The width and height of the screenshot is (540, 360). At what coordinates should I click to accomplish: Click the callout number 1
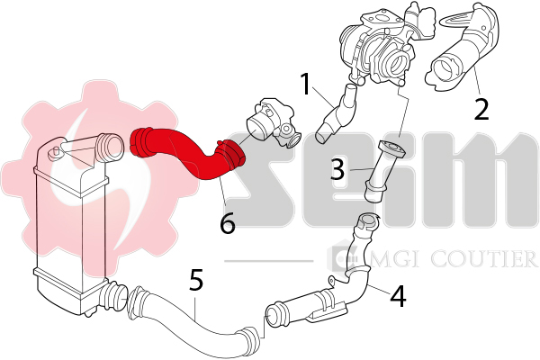pos(306,84)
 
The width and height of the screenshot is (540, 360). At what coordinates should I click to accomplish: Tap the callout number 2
pos(481,109)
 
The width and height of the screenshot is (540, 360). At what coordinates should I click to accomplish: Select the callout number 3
pos(337,168)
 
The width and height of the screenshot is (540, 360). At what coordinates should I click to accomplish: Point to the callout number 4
pos(398,296)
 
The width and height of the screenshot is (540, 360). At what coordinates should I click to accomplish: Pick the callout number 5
pos(196,279)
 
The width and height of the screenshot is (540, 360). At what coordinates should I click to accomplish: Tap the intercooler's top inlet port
pos(109,148)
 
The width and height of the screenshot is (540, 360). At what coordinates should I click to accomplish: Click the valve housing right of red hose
pos(272,123)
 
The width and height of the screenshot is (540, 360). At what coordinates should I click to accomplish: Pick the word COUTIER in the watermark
pos(483,258)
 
